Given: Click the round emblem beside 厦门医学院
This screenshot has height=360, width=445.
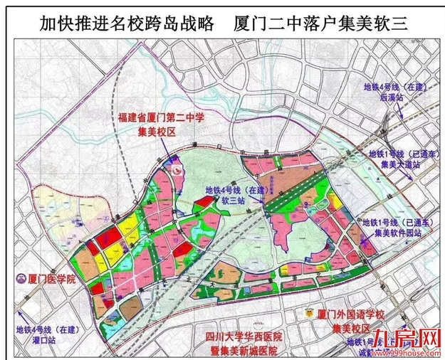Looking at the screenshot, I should (11, 280).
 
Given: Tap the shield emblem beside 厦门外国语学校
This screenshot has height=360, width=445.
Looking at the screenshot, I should (309, 313).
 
